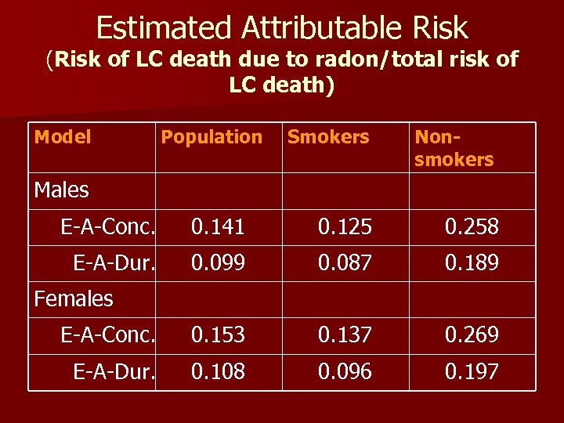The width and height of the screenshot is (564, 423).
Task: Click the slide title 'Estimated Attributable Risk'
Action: (x=282, y=28)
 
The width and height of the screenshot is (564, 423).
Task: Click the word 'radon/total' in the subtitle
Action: (x=356, y=60)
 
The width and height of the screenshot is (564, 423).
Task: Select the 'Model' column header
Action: (x=63, y=137)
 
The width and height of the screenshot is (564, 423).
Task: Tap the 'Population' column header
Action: (x=211, y=137)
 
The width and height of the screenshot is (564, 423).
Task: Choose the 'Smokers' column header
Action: (x=327, y=137)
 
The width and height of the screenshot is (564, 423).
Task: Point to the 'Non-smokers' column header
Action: (x=454, y=148)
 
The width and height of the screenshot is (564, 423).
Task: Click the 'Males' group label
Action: (x=62, y=190)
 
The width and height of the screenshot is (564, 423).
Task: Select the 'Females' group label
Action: (x=74, y=298)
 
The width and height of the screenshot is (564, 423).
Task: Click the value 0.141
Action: (x=218, y=227)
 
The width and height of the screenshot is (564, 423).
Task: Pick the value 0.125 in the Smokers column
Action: (x=345, y=227)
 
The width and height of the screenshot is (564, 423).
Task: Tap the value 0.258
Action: (x=472, y=227)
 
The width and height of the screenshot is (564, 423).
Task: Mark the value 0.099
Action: (x=218, y=262)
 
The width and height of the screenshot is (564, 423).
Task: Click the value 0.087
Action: (x=345, y=262)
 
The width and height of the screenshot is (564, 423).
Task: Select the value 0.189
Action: (x=472, y=262)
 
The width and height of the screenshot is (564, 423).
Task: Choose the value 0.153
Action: (x=218, y=335)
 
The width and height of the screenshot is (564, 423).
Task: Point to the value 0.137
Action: (x=345, y=335)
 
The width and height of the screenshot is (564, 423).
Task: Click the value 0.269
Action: (x=472, y=335)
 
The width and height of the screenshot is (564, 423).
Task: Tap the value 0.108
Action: (x=218, y=371)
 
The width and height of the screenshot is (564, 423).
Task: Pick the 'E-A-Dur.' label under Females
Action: (x=114, y=371)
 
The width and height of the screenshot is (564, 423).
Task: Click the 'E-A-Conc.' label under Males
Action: (x=109, y=227)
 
